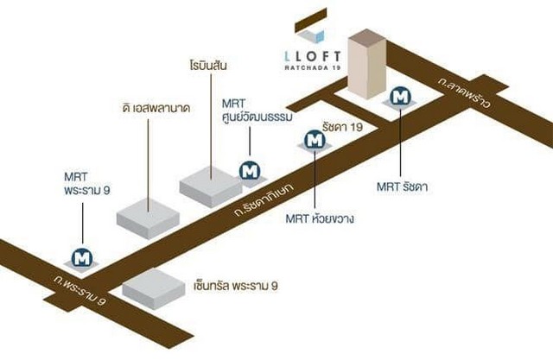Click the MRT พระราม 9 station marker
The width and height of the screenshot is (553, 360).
[82, 258]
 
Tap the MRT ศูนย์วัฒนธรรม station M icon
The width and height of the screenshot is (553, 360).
[250, 171]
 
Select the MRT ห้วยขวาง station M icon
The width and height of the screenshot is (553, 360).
[315, 140]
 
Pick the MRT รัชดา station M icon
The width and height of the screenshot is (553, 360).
[400, 96]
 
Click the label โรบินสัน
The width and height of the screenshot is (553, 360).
[208, 66]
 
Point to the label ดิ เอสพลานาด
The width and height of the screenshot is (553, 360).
[156, 108]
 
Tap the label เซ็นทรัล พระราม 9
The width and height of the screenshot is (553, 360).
[236, 286]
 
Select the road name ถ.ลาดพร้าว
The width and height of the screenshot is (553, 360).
[464, 92]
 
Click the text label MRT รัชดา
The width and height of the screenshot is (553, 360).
[403, 186]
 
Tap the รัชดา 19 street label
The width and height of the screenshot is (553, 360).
[342, 126]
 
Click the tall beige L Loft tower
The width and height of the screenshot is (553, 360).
[366, 63]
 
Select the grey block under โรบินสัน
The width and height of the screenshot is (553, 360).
[211, 186]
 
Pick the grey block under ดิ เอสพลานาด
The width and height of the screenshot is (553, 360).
[148, 218]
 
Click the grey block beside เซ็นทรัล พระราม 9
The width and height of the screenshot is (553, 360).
[154, 289]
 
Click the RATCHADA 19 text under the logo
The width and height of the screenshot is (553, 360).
[313, 67]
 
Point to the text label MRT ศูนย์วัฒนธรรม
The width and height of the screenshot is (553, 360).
[257, 111]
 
